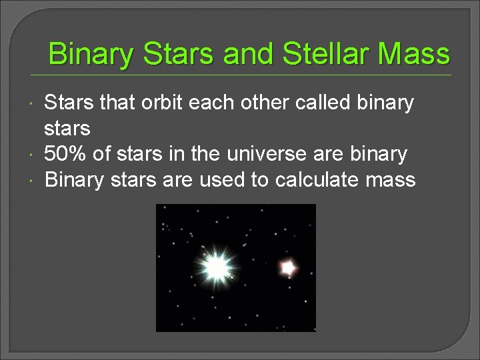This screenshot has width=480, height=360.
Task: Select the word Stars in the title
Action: click(x=179, y=54)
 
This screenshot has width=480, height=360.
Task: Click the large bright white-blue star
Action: click(x=216, y=267)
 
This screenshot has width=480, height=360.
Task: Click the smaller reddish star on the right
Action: click(x=287, y=267)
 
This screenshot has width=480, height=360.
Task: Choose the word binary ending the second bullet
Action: click(x=381, y=154)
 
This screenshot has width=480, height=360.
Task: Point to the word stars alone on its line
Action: click(x=67, y=129)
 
